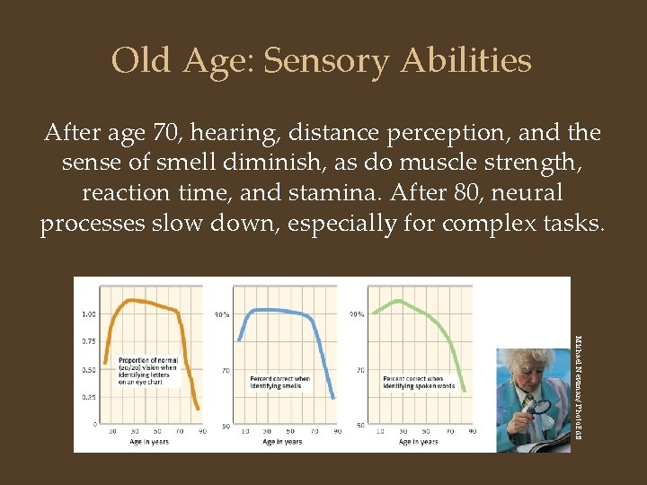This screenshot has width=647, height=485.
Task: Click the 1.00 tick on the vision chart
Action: (x=90, y=314)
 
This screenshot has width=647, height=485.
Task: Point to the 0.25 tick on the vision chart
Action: (x=90, y=396)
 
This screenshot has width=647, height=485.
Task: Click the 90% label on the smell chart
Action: (x=221, y=314)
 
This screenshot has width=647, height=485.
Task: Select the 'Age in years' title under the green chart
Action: (x=415, y=442)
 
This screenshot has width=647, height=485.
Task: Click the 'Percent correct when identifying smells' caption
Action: (x=279, y=383)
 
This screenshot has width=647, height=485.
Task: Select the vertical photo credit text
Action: (x=578, y=378)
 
